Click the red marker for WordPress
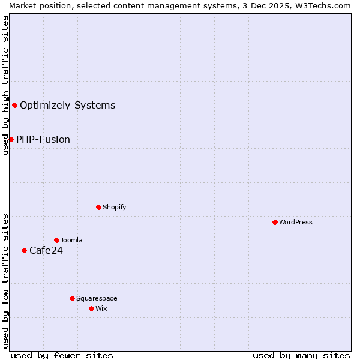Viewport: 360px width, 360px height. click(275, 222)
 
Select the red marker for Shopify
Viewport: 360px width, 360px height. click(98, 207)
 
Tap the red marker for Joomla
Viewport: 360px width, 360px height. click(56, 240)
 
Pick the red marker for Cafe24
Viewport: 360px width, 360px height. click(24, 250)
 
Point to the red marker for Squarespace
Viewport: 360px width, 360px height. click(72, 298)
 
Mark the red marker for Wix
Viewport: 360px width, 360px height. click(91, 308)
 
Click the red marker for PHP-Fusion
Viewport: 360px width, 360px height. click(11, 139)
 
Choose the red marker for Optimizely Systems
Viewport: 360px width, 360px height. click(14, 106)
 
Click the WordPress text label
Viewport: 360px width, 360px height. click(296, 222)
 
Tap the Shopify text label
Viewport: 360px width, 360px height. click(114, 207)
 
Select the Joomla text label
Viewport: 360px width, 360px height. click(71, 240)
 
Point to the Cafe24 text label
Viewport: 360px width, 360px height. click(46, 250)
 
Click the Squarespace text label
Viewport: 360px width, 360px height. click(97, 298)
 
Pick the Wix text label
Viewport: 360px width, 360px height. click(101, 308)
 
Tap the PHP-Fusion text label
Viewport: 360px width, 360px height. click(43, 139)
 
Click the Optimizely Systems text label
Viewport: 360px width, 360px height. click(68, 106)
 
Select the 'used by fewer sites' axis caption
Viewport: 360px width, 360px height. click(62, 355)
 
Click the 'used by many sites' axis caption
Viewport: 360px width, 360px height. click(301, 355)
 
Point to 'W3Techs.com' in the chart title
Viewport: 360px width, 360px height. click(326, 5)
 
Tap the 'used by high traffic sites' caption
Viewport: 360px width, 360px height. click(5, 85)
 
